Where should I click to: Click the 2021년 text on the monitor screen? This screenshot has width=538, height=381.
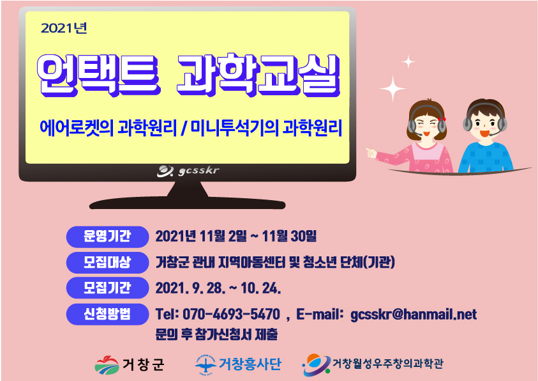tap(64, 28)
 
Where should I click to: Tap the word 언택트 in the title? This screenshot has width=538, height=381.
tap(98, 75)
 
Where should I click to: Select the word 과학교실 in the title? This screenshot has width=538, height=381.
tap(258, 75)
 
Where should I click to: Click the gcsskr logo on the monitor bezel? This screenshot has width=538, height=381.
tap(188, 171)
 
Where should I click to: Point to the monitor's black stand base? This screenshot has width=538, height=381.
tap(188, 203)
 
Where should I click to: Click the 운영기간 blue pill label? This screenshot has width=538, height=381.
tap(107, 237)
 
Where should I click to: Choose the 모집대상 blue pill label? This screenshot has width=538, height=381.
tap(107, 262)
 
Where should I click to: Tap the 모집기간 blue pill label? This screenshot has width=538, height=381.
tap(107, 288)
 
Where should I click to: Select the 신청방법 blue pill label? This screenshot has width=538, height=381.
tap(107, 314)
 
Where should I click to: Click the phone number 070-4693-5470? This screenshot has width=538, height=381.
tap(231, 314)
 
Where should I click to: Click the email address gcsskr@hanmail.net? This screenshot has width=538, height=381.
tap(414, 315)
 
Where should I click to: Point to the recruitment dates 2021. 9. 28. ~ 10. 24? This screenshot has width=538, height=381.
tap(218, 288)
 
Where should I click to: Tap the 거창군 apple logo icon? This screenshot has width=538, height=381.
tap(107, 364)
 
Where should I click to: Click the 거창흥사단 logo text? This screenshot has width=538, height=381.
tap(250, 364)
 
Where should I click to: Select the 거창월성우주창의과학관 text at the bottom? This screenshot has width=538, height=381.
tap(388, 363)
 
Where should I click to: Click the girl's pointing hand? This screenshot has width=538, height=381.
tap(371, 153)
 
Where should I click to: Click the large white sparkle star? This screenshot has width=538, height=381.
tap(393, 89)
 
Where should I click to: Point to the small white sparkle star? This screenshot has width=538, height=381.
tap(408, 62)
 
